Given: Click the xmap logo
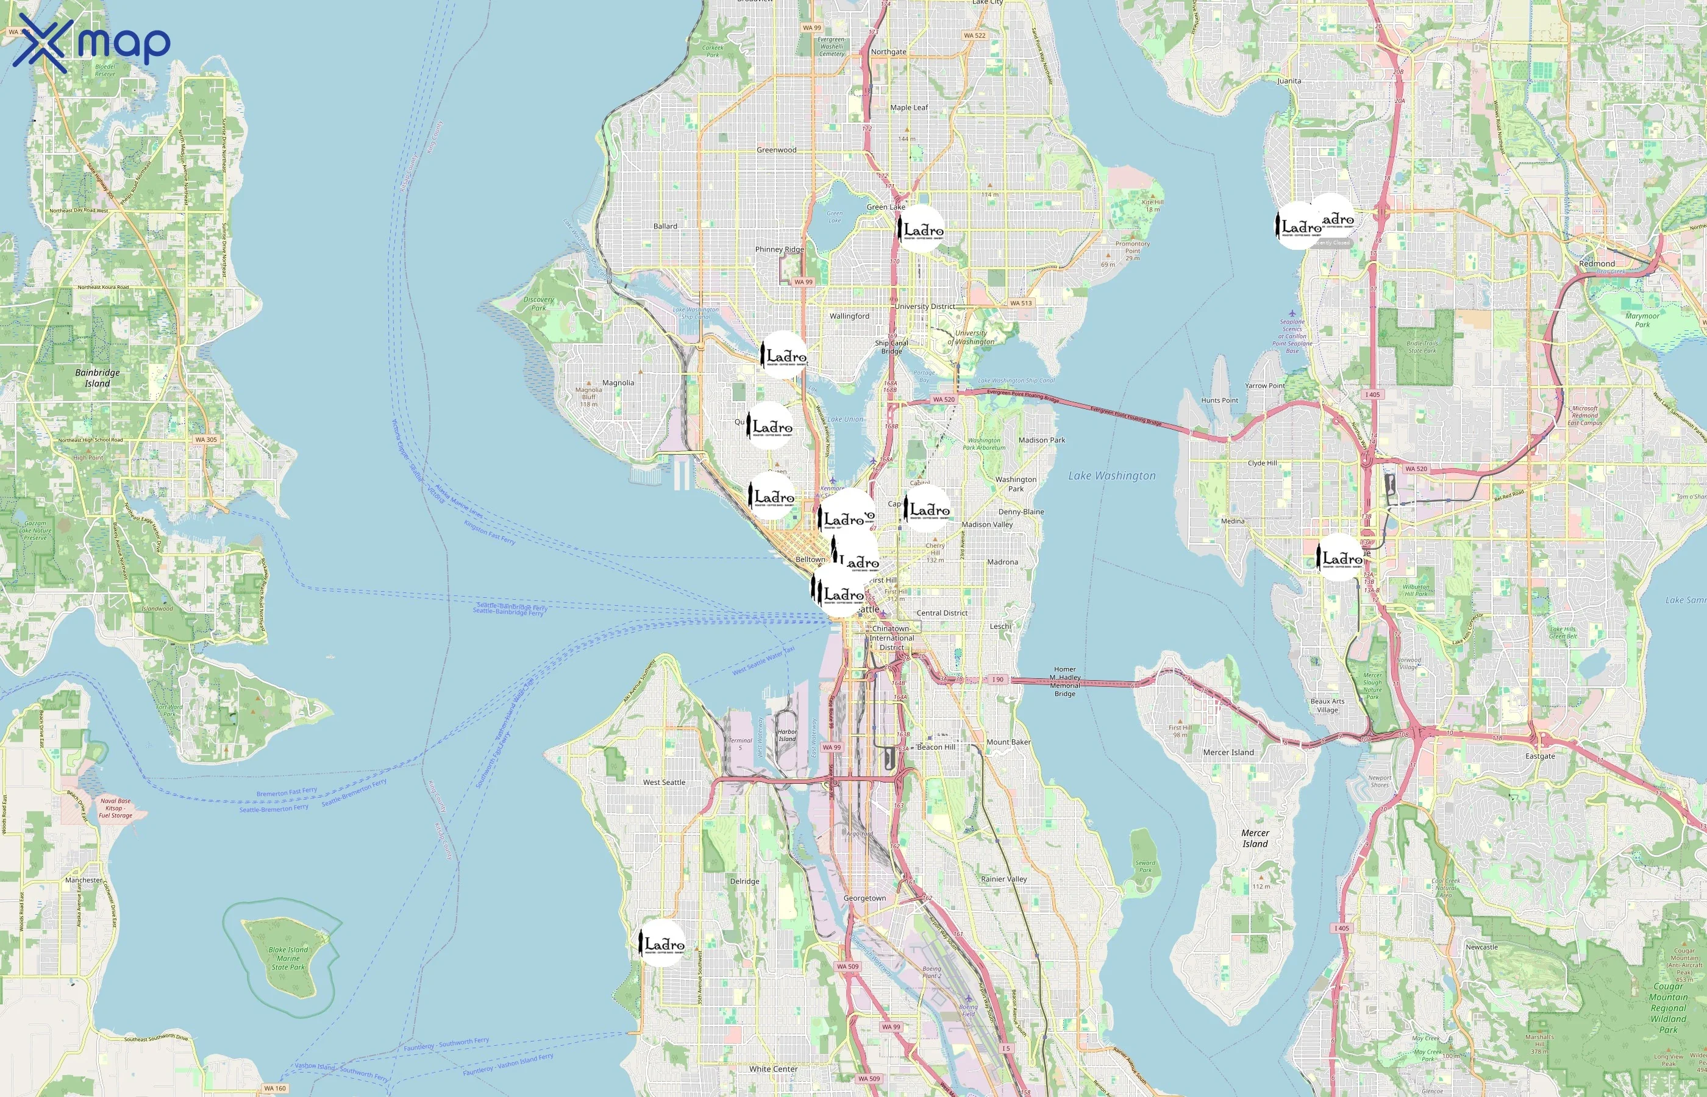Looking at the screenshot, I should [91, 43].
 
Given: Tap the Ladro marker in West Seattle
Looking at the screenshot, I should [663, 943].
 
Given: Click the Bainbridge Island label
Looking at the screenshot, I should [98, 377].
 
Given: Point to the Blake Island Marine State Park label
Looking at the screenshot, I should [288, 958].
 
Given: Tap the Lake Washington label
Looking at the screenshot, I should [1111, 476].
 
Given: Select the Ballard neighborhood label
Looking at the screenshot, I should [665, 226].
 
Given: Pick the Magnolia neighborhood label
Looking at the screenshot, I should [618, 383].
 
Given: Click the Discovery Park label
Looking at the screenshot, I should [538, 304].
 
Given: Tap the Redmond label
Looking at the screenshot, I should [1597, 263].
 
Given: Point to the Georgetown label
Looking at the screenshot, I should [864, 898].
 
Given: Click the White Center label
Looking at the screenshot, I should [773, 1068].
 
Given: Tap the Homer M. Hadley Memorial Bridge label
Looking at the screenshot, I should [1064, 681].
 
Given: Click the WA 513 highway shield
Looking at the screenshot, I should [1020, 303].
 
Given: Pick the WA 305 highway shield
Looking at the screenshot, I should [206, 439].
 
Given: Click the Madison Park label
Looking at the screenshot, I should [1042, 440].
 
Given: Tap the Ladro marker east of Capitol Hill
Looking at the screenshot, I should [927, 509].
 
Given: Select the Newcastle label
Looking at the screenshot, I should [1481, 946].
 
